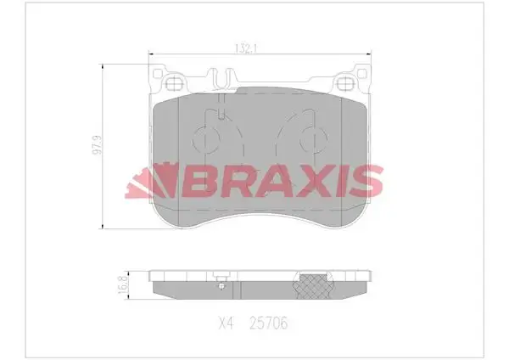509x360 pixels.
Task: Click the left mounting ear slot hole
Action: coord(176,84)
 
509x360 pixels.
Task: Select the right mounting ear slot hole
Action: coord(348,84)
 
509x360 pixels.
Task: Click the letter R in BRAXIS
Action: coord(226,180)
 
